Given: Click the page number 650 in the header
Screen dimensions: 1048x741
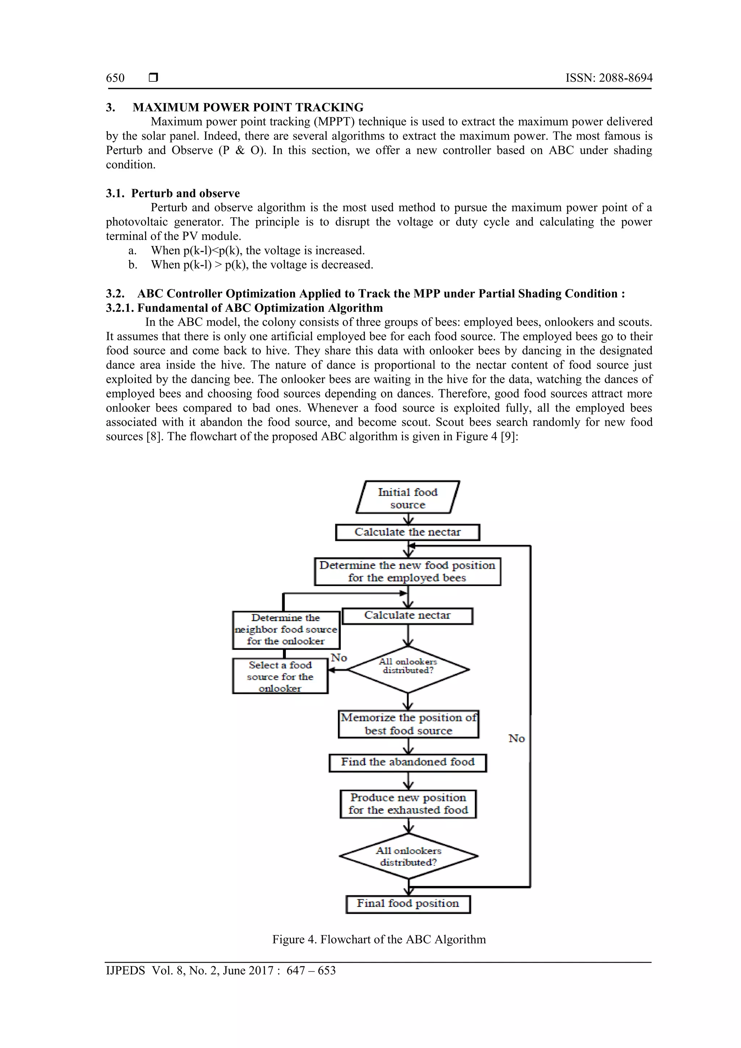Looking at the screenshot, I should point(115,78).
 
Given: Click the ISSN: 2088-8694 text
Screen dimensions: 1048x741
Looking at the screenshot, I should point(609,78).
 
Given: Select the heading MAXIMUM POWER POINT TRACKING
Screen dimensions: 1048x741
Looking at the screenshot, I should point(247,107).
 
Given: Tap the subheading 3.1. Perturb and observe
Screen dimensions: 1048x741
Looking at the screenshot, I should point(173,193).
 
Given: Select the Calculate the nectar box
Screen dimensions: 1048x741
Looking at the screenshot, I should point(407,532).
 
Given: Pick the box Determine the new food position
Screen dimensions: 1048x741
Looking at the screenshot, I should point(407,572).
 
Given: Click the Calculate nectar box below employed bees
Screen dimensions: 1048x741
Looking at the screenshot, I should point(407,616).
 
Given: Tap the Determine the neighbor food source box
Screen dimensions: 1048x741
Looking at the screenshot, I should point(286,630).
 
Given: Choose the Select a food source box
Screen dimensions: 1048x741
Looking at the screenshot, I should point(280,676).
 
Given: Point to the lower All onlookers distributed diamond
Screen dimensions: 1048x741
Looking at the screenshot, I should point(408,856).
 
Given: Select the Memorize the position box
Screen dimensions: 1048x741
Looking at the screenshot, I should point(408,724).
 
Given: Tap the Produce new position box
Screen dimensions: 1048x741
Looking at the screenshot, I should point(408,804).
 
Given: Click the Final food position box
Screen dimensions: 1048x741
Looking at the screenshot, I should point(408,904).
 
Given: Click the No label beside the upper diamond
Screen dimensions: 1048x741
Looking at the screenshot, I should point(339,658).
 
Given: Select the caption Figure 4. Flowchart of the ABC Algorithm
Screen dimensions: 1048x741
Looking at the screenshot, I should point(379,940).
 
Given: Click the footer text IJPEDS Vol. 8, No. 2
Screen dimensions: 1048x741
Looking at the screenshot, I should point(220,971).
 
